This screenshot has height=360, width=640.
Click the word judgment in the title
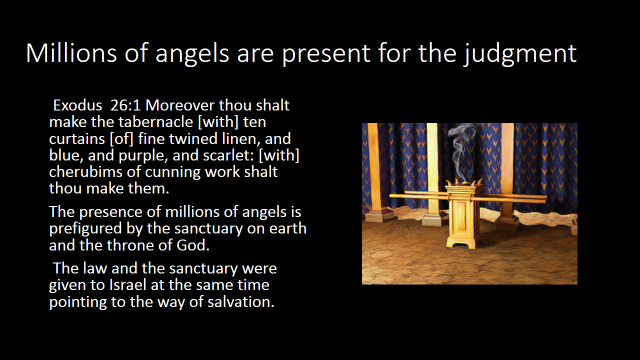520,53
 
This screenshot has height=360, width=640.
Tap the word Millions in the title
71,53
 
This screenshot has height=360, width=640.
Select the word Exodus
78,105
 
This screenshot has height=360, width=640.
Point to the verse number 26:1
125,105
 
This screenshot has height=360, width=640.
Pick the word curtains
77,139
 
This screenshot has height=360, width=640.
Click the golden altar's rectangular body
463,214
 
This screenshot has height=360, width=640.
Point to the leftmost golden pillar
375,169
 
